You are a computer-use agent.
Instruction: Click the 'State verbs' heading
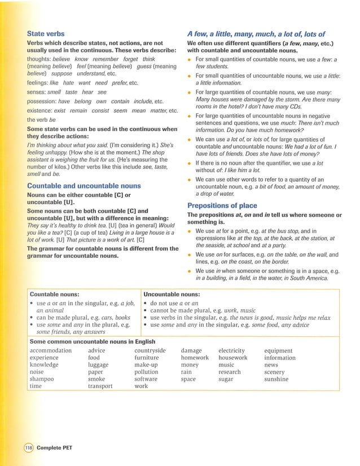tap(46, 34)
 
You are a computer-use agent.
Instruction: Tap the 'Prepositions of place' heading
tap(222, 205)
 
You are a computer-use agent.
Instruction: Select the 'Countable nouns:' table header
tap(54, 294)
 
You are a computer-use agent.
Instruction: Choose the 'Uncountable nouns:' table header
tap(172, 294)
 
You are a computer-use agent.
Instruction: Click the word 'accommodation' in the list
tap(51, 350)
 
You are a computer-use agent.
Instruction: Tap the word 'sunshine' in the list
tap(276, 379)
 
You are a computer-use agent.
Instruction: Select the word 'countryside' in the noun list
tap(150, 350)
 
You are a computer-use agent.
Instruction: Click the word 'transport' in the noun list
tap(100, 386)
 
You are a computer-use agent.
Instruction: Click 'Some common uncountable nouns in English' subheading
tap(92, 341)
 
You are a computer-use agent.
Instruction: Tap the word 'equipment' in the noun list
tap(278, 350)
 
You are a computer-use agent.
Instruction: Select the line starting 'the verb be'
tap(42, 120)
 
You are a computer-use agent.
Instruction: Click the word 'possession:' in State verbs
tap(45, 101)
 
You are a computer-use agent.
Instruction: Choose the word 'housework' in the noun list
tap(232, 358)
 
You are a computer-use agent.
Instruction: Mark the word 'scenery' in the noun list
tap(274, 372)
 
